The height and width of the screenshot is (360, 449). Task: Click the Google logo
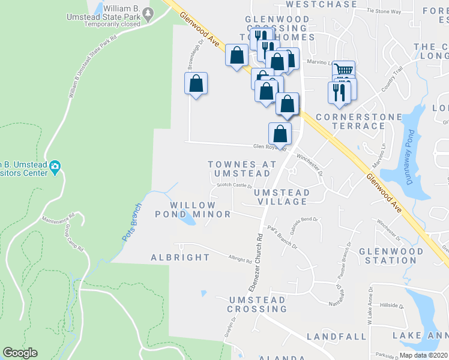[20, 353]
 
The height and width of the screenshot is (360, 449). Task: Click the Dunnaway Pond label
[410, 158]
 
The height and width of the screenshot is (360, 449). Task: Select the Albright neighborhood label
[180, 257]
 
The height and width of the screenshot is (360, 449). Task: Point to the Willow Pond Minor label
[193, 209]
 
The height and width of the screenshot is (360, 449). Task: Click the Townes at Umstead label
[242, 169]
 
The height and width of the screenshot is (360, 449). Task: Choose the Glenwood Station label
[387, 256]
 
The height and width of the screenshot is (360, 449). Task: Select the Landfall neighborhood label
[337, 337]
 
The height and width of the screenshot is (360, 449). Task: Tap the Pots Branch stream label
[132, 223]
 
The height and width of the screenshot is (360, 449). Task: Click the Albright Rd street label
[240, 260]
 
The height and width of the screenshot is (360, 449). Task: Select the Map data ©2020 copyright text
[424, 355]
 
